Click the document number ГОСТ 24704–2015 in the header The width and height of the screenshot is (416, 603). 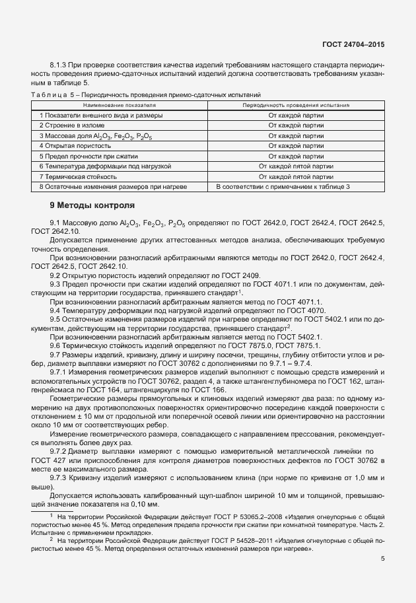353,44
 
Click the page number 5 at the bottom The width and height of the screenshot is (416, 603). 383,559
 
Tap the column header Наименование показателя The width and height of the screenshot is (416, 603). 120,105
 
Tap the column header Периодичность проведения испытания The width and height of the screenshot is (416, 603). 296,105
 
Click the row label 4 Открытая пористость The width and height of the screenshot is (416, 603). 73,145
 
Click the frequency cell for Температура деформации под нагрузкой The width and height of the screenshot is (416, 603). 296,166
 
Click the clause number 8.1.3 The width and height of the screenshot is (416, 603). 59,64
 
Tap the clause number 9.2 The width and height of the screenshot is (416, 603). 55,275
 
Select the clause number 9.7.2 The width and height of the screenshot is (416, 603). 61,431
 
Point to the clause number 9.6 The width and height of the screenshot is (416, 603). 55,345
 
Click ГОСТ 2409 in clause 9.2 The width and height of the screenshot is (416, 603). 243,275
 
